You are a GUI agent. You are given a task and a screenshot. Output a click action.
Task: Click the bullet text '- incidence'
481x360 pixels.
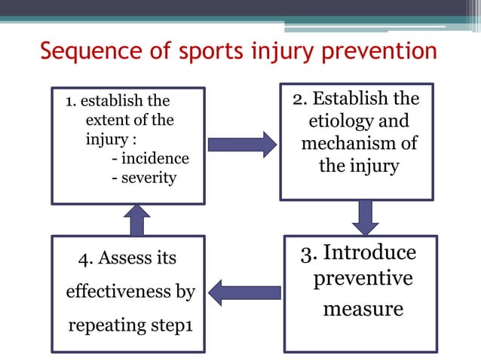point(150,159)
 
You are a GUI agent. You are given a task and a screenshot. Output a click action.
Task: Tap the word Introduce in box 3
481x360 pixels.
point(369,253)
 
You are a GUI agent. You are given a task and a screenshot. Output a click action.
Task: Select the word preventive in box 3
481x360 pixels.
point(363,279)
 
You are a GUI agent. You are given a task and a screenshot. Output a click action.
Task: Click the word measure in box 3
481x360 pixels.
point(363,309)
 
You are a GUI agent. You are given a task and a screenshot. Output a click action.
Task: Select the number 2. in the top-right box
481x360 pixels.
point(299,99)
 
